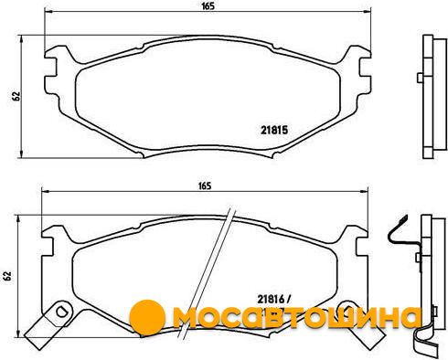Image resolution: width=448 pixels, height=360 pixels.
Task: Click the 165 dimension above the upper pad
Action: [x=208, y=6]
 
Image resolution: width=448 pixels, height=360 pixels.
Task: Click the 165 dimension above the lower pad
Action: [x=205, y=185]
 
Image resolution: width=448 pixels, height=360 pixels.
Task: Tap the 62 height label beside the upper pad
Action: [x=16, y=96]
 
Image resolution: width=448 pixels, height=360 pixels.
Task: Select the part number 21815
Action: [x=274, y=131]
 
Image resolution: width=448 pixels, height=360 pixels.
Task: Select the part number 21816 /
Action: [x=274, y=300]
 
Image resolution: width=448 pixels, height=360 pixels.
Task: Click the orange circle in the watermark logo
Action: [x=147, y=317]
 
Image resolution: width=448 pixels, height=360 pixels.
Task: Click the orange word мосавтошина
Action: [x=296, y=317]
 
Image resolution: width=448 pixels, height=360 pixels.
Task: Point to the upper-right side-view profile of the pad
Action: [x=432, y=97]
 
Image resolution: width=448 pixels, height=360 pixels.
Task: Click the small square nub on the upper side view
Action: [x=420, y=78]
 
